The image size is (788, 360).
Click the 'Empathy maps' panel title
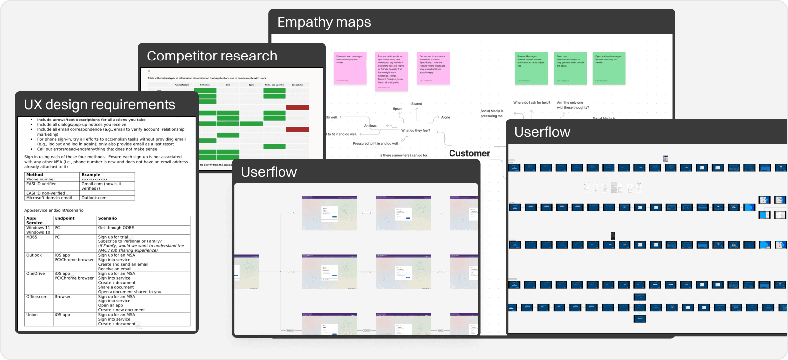(324, 22)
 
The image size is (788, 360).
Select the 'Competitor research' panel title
(212, 56)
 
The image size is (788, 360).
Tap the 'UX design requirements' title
(100, 105)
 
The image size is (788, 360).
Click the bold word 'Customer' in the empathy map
(469, 153)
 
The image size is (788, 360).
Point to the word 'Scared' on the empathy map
(417, 104)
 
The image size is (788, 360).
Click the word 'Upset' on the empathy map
(397, 109)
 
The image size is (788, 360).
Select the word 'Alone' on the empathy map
(446, 117)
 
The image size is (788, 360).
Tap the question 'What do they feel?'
(415, 131)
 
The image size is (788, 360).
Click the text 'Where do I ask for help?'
(531, 103)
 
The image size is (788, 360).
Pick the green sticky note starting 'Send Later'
(568, 68)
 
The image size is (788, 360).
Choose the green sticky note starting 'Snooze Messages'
(531, 68)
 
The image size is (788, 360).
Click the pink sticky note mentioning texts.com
(433, 68)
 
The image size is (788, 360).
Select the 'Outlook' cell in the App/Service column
(34, 255)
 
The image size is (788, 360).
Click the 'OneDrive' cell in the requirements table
(36, 273)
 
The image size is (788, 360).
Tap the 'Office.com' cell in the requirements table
(37, 297)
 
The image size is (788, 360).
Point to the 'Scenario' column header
(108, 218)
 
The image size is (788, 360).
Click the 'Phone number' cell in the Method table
(41, 179)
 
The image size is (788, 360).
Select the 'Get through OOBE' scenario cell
(116, 228)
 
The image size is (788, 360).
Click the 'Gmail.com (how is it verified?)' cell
(101, 186)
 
